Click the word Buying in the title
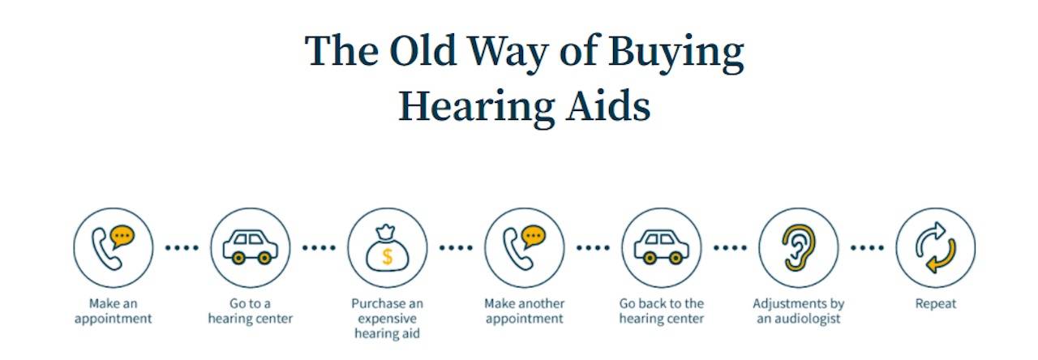click(676, 54)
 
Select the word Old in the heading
click(423, 50)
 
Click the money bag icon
click(388, 248)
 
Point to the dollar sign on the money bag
click(388, 256)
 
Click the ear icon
click(799, 248)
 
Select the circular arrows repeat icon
click(936, 248)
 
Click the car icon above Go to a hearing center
click(251, 247)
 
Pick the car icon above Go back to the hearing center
click(661, 247)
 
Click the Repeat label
click(936, 304)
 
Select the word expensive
click(388, 319)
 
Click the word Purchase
click(374, 303)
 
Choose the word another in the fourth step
click(543, 303)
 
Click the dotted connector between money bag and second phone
click(456, 248)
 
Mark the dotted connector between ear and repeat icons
click(867, 248)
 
